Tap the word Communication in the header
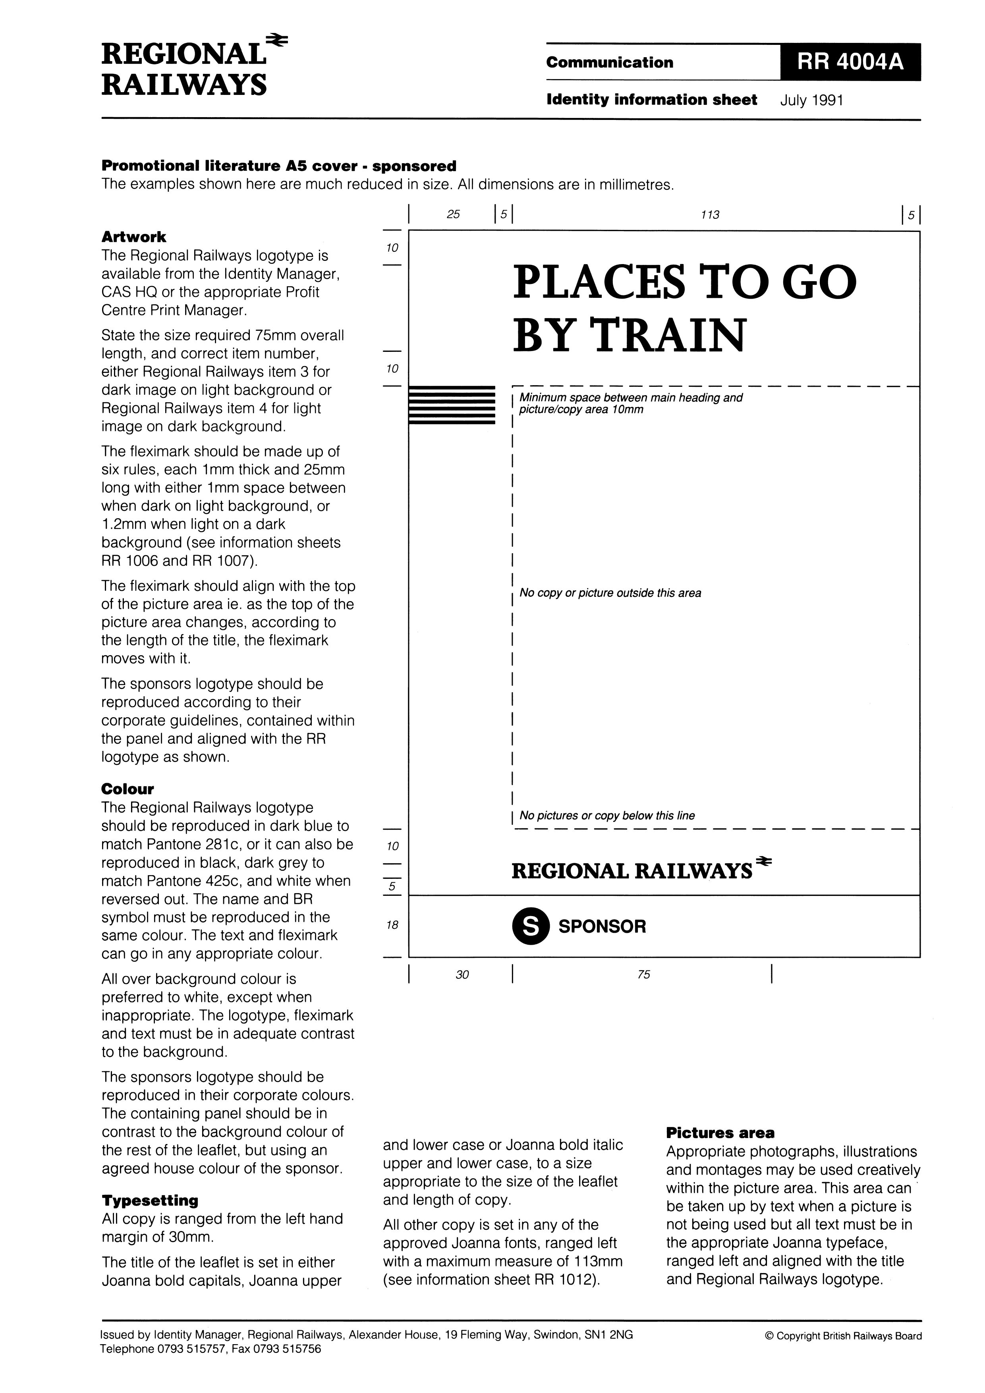(x=609, y=62)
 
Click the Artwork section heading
(x=133, y=237)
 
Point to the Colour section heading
(x=127, y=789)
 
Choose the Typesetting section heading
(x=150, y=1200)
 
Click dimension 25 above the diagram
(x=453, y=214)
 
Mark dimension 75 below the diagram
(x=644, y=974)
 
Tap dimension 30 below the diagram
(x=462, y=974)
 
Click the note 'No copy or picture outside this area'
(x=610, y=593)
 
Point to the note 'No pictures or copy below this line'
(x=607, y=815)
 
